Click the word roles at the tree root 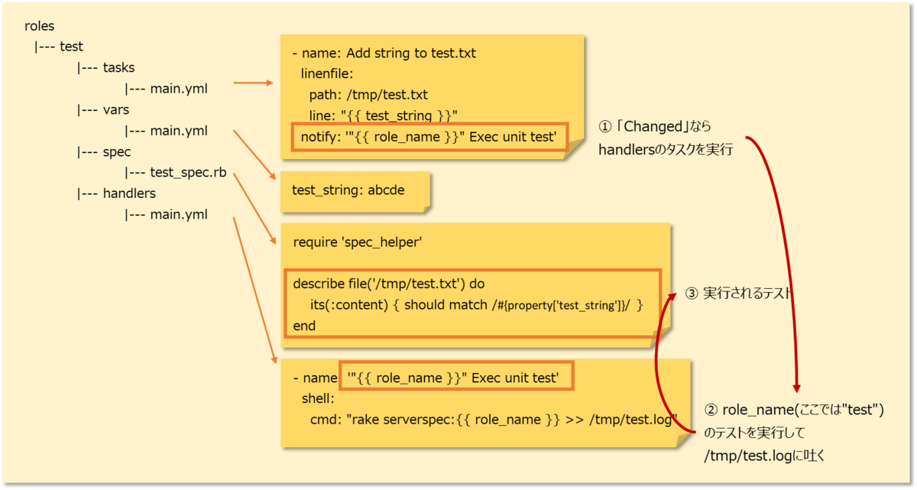click(x=39, y=26)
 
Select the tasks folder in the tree click(x=118, y=67)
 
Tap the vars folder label click(x=116, y=109)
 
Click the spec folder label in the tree click(x=117, y=151)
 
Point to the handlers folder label click(x=129, y=193)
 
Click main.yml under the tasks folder click(x=179, y=89)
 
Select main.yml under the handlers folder click(x=179, y=215)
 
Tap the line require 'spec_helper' click(x=358, y=242)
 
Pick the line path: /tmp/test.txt click(x=368, y=95)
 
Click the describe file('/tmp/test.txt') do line click(x=389, y=283)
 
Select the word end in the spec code click(x=304, y=326)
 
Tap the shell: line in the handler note click(x=319, y=398)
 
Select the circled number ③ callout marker click(x=692, y=294)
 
